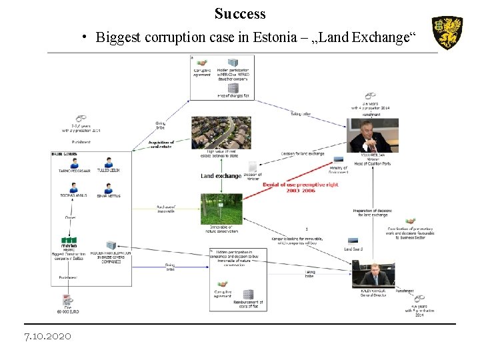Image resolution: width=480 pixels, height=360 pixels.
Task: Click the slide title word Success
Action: click(x=240, y=13)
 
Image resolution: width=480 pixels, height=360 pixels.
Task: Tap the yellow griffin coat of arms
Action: click(x=447, y=33)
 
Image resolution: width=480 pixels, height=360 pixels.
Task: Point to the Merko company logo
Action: click(x=69, y=241)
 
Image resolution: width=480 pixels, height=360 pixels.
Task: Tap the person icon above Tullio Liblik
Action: click(x=108, y=161)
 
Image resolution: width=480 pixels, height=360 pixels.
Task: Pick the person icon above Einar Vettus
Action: click(x=108, y=187)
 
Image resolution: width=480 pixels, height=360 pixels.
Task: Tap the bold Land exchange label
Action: click(x=221, y=175)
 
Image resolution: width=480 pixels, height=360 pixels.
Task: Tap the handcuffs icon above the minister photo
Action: click(x=371, y=97)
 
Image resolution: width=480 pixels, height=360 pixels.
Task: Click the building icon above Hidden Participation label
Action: click(x=111, y=245)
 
